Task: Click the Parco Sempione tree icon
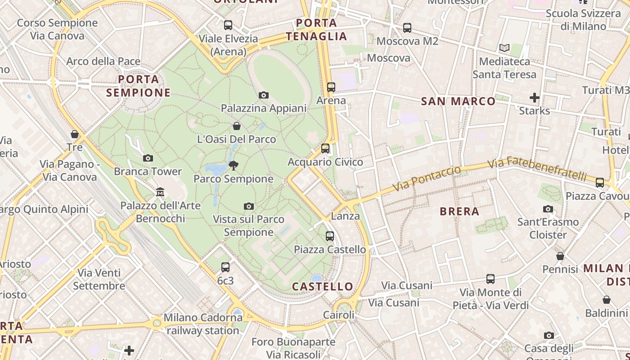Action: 233,166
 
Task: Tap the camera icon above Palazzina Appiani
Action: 264,95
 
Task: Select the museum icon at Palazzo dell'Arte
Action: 160,192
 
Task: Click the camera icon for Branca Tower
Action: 148,158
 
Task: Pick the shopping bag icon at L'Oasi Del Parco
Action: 237,126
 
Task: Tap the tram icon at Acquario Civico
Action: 325,148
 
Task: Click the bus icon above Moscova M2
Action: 407,28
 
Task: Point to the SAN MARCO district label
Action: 458,101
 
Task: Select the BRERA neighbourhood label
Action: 459,211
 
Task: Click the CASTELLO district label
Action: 323,286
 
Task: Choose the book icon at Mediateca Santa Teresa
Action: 504,48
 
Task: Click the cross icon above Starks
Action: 534,97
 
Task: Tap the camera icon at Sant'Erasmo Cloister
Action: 548,209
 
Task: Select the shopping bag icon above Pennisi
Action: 560,256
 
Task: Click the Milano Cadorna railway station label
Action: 203,324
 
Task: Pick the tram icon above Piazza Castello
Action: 330,236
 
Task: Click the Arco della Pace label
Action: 103,61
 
